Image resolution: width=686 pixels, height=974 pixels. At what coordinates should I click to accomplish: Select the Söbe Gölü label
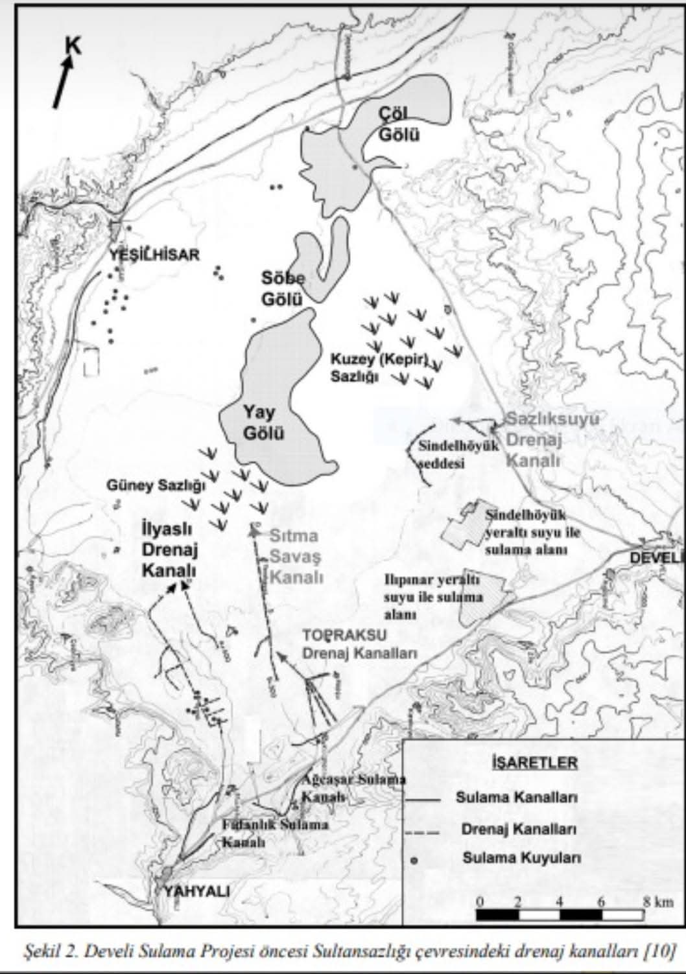[283, 288]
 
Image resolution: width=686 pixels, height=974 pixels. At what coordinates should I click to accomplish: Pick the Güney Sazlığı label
[156, 485]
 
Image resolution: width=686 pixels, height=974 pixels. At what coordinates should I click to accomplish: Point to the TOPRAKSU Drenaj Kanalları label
[359, 644]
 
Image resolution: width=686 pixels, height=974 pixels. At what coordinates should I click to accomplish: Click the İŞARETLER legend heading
[534, 761]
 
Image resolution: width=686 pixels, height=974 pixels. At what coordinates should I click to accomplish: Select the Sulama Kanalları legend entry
[516, 797]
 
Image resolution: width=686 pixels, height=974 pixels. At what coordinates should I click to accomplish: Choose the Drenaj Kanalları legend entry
[519, 829]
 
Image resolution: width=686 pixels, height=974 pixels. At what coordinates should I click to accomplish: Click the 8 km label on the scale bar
[657, 901]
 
